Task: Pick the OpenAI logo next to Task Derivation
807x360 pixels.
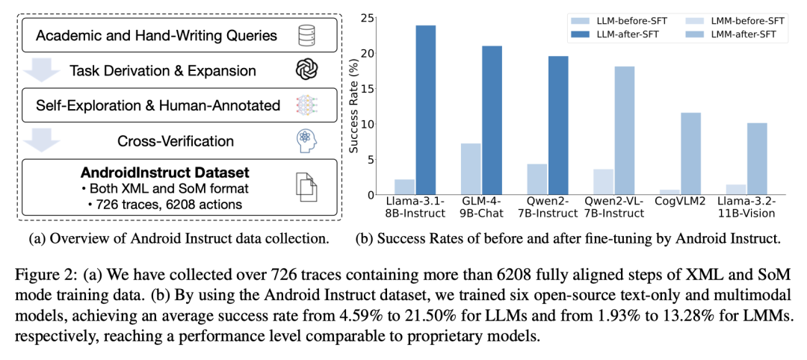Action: (307, 70)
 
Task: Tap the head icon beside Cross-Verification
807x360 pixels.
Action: (307, 140)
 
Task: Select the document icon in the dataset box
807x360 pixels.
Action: (307, 187)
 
